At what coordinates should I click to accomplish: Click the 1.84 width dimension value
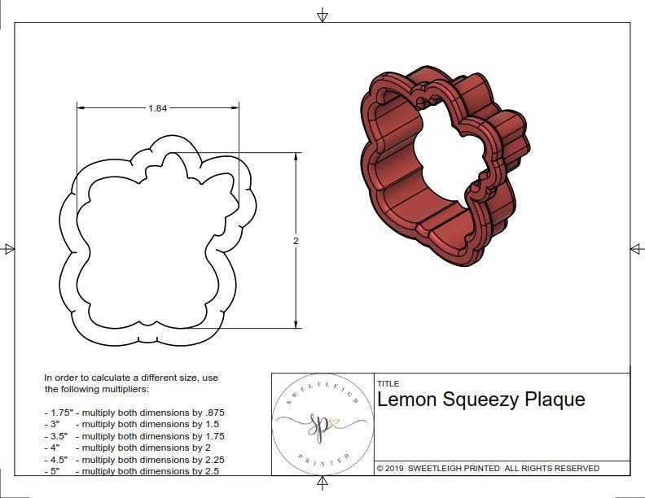click(158, 108)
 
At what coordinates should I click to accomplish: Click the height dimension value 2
click(296, 241)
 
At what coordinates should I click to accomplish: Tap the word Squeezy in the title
click(480, 400)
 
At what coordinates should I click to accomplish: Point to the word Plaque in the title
click(555, 400)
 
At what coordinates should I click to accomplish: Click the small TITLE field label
click(388, 383)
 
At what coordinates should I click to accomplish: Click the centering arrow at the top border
click(322, 15)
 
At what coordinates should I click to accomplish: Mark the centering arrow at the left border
click(9, 249)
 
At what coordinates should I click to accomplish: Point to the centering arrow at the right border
click(636, 249)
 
